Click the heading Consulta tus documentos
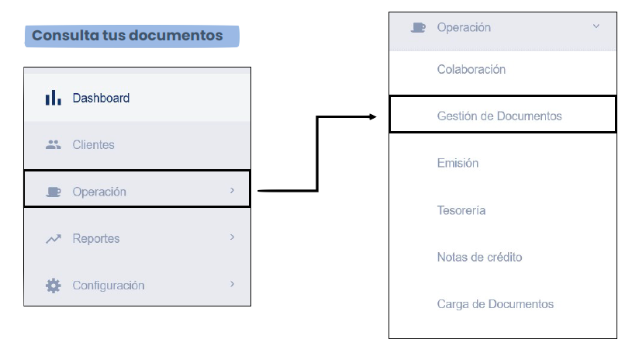pos(127,36)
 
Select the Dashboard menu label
pos(101,98)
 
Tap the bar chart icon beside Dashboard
pos(54,98)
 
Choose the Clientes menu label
pos(93,145)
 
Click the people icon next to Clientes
pos(54,144)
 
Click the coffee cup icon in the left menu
pos(54,192)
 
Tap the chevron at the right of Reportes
pos(233,237)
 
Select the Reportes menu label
pos(96,238)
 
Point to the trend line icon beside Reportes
pos(54,238)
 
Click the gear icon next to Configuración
pos(54,286)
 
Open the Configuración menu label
pos(109,286)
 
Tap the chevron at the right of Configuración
pos(233,284)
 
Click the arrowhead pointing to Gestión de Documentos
pos(372,117)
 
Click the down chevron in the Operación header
pos(596,26)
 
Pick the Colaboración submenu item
pos(471,69)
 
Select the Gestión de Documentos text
pos(499,116)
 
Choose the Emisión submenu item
pos(458,163)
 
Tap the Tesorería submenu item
pos(461,210)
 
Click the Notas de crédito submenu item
pos(480,258)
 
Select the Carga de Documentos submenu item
pos(496,304)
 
